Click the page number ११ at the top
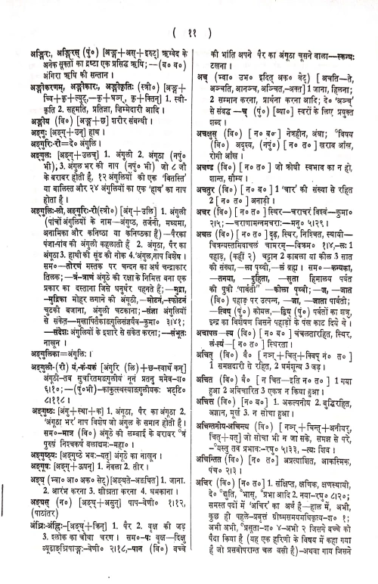[189, 33]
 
